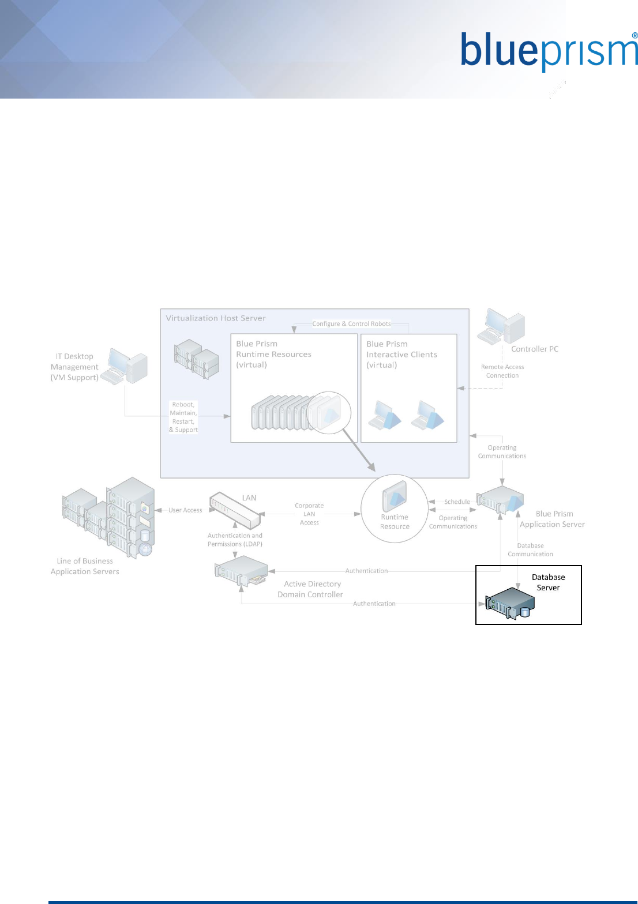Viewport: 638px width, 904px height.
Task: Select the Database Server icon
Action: click(510, 603)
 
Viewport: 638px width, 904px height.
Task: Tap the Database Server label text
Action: click(548, 582)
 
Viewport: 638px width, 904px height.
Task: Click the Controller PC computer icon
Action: click(501, 327)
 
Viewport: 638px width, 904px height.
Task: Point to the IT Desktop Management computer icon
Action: click(128, 366)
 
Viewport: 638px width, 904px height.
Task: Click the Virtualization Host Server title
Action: click(216, 318)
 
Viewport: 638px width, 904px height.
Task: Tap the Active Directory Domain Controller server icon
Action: click(241, 570)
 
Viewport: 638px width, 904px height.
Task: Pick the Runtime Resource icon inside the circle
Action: click(395, 495)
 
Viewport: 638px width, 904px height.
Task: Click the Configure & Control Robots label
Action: click(351, 324)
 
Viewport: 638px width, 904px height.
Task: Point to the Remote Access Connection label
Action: click(502, 371)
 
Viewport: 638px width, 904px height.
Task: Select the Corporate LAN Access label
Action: click(309, 514)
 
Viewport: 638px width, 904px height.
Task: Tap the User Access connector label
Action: click(185, 510)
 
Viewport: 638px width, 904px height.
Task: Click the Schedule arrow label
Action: click(457, 502)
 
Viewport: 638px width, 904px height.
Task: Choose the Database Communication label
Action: click(530, 550)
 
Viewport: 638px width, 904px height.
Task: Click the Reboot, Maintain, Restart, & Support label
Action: click(183, 417)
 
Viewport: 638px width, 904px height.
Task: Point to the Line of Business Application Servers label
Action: click(85, 566)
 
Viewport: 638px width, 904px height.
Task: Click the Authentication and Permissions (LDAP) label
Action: click(235, 540)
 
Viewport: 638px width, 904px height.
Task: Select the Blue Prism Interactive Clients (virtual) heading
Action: click(401, 354)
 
